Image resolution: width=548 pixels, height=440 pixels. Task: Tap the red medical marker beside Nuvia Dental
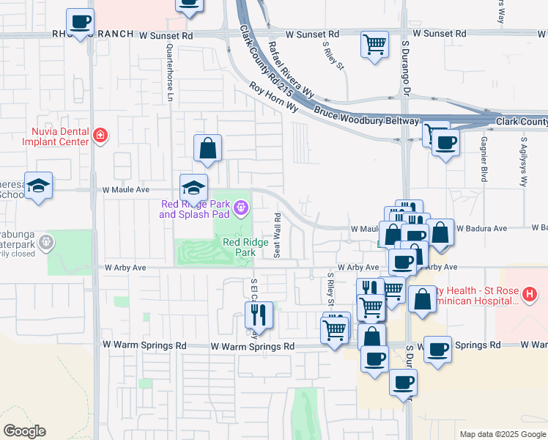click(x=100, y=135)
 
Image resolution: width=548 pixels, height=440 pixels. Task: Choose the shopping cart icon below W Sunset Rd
click(x=374, y=43)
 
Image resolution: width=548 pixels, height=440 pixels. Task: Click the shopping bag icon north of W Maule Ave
click(x=208, y=147)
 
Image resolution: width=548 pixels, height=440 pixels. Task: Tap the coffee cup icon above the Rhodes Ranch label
click(x=81, y=21)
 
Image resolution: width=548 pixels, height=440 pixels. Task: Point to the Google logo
click(x=24, y=431)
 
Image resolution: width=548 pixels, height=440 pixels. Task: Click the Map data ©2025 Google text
click(x=502, y=434)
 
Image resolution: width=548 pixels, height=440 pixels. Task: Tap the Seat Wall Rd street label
click(x=278, y=235)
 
